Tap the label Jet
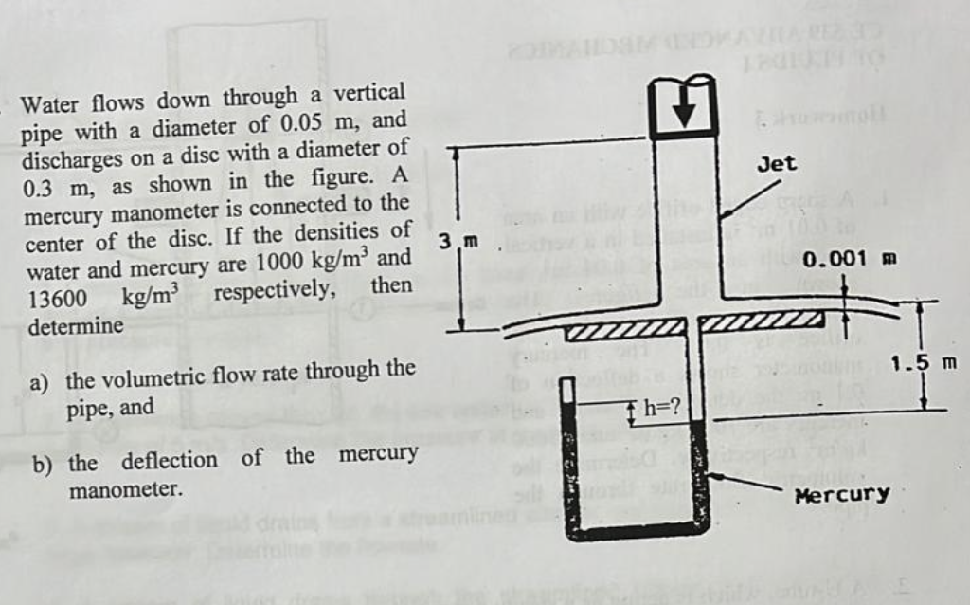coord(778,164)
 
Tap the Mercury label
coord(842,494)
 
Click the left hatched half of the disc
coord(624,331)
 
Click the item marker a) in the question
coord(40,382)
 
